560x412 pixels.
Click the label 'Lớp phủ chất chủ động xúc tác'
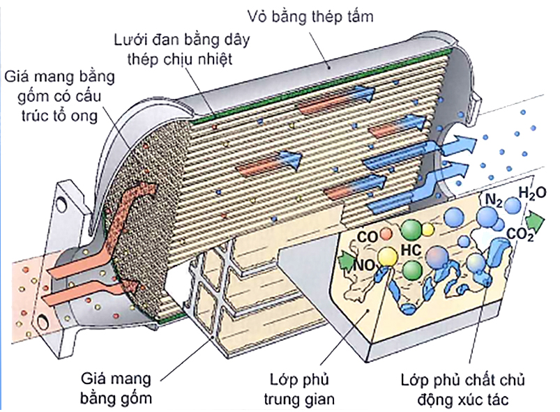(463, 390)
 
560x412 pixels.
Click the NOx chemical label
(367, 265)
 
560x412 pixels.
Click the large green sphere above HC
(411, 229)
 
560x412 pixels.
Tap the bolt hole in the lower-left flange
(45, 319)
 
